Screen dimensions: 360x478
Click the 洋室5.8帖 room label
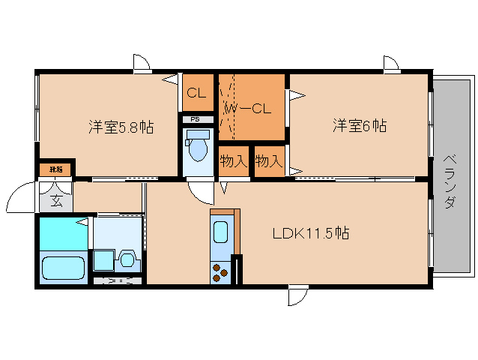[121, 127]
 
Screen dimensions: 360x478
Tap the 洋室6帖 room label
[360, 126]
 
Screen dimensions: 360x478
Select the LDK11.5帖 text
[310, 233]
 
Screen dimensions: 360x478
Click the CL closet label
[196, 94]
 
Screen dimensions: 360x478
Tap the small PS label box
[196, 118]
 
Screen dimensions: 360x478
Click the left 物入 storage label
[234, 161]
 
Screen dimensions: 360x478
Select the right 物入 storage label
[268, 161]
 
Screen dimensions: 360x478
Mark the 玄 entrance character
[57, 200]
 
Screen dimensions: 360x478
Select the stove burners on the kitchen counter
[220, 271]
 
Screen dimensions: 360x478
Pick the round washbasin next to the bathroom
[127, 260]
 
